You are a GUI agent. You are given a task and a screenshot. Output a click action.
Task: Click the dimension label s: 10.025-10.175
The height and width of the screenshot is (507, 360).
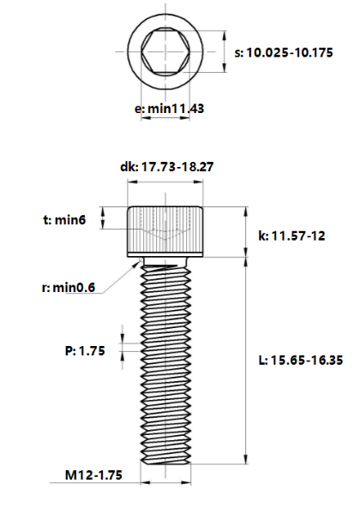point(289,53)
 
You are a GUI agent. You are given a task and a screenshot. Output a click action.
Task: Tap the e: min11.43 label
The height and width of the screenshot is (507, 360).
point(169,109)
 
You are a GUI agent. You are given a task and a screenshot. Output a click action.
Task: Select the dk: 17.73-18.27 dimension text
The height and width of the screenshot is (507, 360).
point(166,168)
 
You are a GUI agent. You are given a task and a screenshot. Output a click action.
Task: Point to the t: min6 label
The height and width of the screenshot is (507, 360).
point(65,220)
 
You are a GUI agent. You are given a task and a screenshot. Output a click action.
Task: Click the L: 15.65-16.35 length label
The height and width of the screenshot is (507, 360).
point(300,361)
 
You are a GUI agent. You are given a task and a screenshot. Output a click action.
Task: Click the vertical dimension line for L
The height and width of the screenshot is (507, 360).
point(248,360)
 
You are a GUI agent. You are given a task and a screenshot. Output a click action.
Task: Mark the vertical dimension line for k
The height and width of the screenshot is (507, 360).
point(248,231)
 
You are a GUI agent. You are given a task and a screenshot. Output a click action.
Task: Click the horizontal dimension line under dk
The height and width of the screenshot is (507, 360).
point(166,182)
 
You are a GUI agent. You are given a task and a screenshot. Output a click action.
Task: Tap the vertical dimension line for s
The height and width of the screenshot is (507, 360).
point(225,53)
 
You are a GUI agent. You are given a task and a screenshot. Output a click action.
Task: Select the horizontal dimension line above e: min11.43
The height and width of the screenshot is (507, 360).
point(165,121)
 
